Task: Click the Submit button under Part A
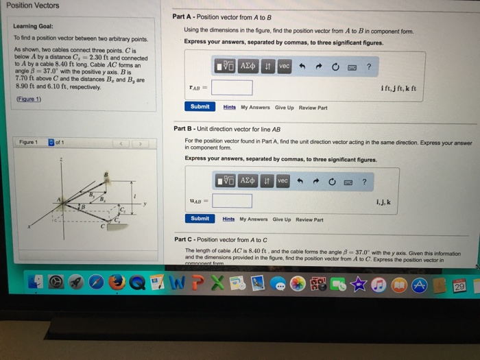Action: point(200,107)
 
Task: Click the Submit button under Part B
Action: point(200,219)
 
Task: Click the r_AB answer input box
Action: point(232,88)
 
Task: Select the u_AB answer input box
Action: point(232,200)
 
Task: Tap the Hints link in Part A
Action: point(229,108)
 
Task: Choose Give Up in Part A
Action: point(284,108)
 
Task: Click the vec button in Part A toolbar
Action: point(284,66)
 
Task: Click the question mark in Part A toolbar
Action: point(369,66)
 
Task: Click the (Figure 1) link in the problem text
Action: point(27,99)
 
